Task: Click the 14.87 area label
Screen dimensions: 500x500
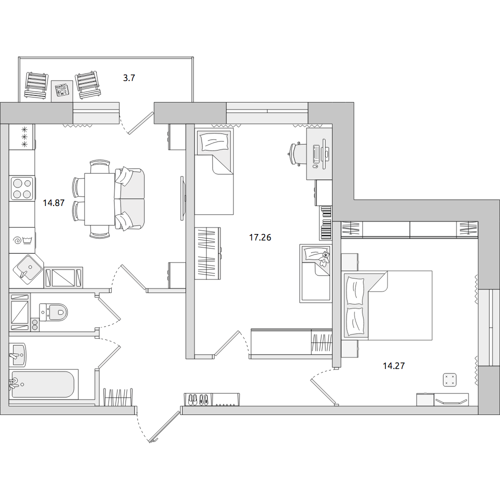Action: [54, 203]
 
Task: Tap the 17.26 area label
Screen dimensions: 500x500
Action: [260, 237]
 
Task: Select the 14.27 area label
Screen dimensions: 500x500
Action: [394, 366]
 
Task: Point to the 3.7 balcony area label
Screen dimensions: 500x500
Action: [129, 78]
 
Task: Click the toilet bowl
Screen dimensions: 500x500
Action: [53, 312]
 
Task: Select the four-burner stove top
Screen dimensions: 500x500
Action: [22, 188]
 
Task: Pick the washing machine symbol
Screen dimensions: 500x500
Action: [21, 240]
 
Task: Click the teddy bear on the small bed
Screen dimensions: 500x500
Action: [325, 258]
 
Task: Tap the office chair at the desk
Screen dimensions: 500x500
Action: [295, 154]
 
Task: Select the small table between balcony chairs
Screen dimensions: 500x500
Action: [62, 91]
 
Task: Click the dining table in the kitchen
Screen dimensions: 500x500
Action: [99, 199]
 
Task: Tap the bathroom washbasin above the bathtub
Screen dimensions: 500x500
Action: [17, 354]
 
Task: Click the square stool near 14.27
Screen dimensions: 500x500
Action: [449, 380]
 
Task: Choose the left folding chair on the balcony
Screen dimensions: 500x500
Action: [36, 86]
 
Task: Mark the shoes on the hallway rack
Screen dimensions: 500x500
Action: [198, 399]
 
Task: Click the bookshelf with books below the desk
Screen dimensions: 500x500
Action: [325, 223]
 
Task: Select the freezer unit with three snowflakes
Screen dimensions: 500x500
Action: [22, 137]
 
